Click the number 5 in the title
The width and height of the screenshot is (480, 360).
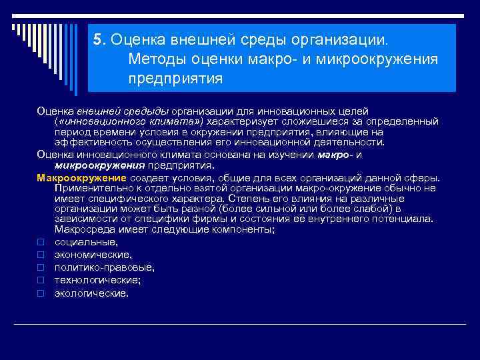point(97,39)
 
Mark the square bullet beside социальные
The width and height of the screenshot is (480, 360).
point(40,243)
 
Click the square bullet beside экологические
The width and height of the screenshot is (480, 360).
point(40,293)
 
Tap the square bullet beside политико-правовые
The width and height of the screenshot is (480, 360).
point(40,268)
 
